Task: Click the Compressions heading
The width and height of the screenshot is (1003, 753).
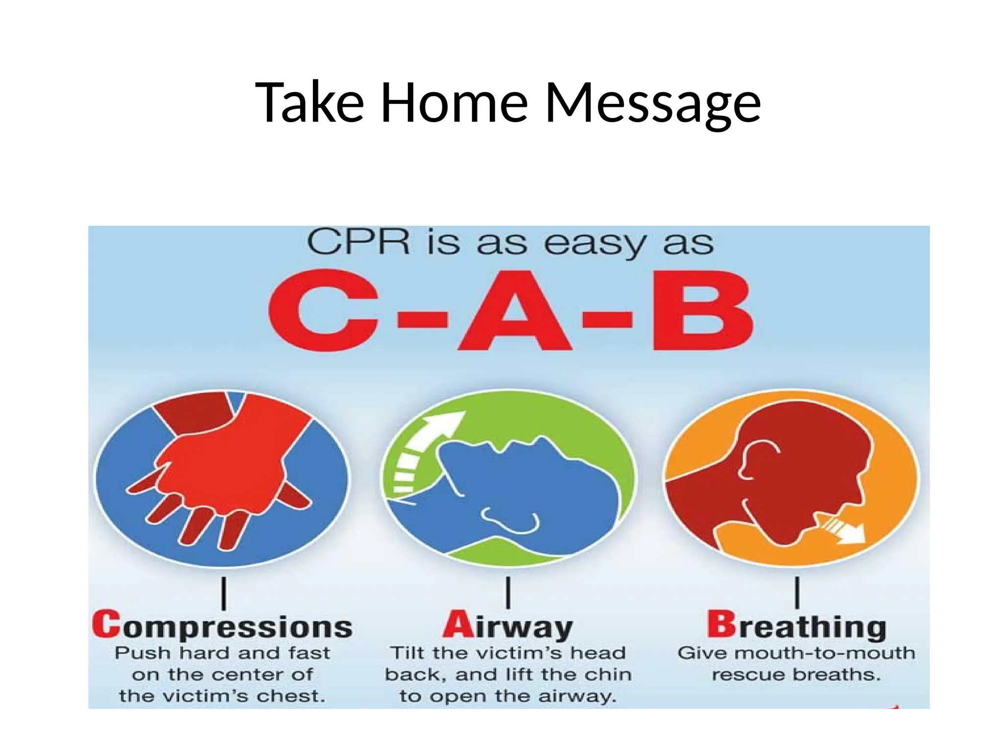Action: [222, 627]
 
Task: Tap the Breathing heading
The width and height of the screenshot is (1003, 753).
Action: [796, 627]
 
